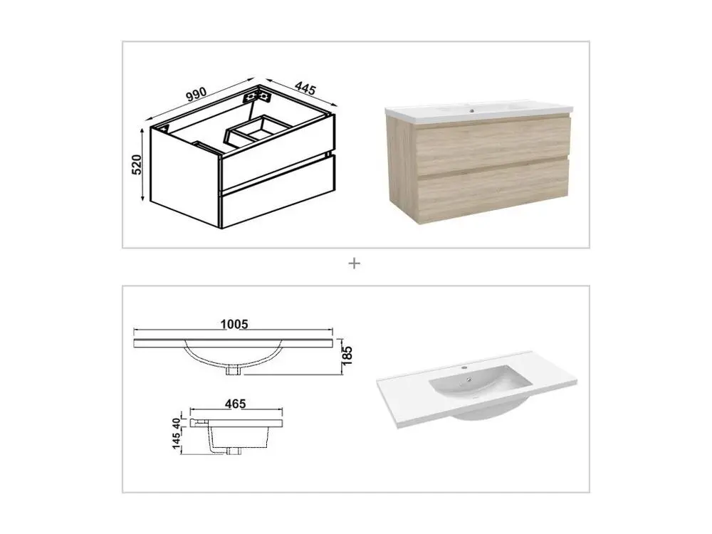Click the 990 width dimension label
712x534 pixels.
pyautogui.click(x=197, y=95)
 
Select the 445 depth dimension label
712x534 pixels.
pyautogui.click(x=305, y=88)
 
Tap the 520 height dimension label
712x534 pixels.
pyautogui.click(x=137, y=164)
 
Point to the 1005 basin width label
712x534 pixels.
pyautogui.click(x=234, y=324)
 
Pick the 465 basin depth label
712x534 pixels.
pyautogui.click(x=235, y=403)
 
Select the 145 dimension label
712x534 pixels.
pyautogui.click(x=177, y=439)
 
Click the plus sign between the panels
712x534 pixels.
pyautogui.click(x=354, y=263)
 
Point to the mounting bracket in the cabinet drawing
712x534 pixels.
pyautogui.click(x=256, y=96)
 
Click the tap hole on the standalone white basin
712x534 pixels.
pyautogui.click(x=464, y=367)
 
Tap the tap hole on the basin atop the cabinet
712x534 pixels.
pyautogui.click(x=472, y=110)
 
